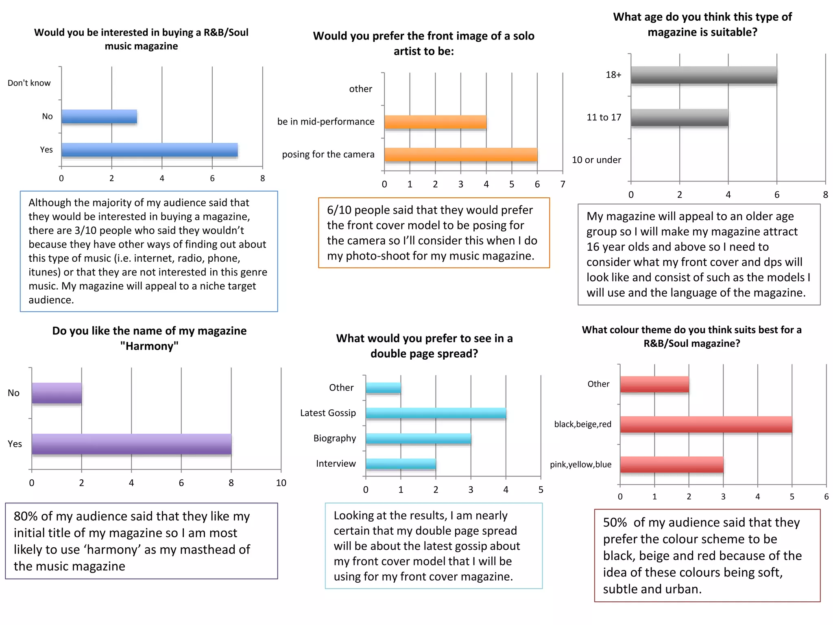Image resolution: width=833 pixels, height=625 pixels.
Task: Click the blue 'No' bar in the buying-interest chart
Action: point(99,117)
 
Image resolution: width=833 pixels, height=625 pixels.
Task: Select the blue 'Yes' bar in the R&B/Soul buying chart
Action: point(149,150)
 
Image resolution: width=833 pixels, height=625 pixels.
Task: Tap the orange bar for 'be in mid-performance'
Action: point(435,122)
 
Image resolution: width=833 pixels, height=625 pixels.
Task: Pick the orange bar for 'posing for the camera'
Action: point(460,155)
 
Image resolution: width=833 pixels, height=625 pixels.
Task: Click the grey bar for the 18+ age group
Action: point(704,75)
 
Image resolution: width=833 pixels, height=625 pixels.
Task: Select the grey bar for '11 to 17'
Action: point(679,118)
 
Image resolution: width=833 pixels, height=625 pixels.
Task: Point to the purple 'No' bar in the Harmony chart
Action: point(57,393)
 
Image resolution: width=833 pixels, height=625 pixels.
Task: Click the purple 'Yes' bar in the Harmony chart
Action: point(131,444)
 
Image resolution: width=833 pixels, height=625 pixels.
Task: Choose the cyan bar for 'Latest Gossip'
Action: point(436,413)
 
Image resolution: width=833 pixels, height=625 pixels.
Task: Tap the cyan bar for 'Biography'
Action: point(418,439)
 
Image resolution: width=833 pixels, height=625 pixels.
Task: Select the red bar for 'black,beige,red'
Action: point(706,424)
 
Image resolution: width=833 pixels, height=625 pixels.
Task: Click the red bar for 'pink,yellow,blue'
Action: point(672,465)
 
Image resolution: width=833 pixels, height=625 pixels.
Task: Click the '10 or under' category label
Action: point(596,160)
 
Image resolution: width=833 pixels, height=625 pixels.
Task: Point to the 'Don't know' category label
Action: point(29,83)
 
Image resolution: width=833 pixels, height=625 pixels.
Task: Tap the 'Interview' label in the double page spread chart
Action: point(336,463)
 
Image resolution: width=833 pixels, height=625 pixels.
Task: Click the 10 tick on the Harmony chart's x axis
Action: point(281,483)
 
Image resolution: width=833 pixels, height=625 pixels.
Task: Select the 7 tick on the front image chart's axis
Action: point(563,184)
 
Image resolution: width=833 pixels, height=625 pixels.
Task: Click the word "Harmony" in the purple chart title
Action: point(149,346)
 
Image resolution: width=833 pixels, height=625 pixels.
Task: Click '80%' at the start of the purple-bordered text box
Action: point(25,516)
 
